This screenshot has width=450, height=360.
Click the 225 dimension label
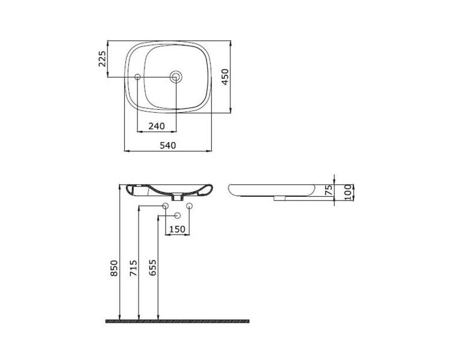tap(102, 59)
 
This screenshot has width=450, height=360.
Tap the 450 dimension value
tap(225, 77)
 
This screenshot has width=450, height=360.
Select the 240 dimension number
tap(157, 126)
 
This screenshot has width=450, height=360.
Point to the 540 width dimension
tap(168, 146)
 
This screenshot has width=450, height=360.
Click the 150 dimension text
tap(178, 229)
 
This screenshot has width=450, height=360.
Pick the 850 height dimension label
tap(114, 268)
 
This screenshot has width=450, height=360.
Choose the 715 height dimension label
tap(133, 268)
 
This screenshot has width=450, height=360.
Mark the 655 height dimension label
tap(153, 268)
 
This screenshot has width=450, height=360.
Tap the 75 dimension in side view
tap(329, 190)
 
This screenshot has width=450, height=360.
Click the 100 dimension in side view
tap(347, 192)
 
